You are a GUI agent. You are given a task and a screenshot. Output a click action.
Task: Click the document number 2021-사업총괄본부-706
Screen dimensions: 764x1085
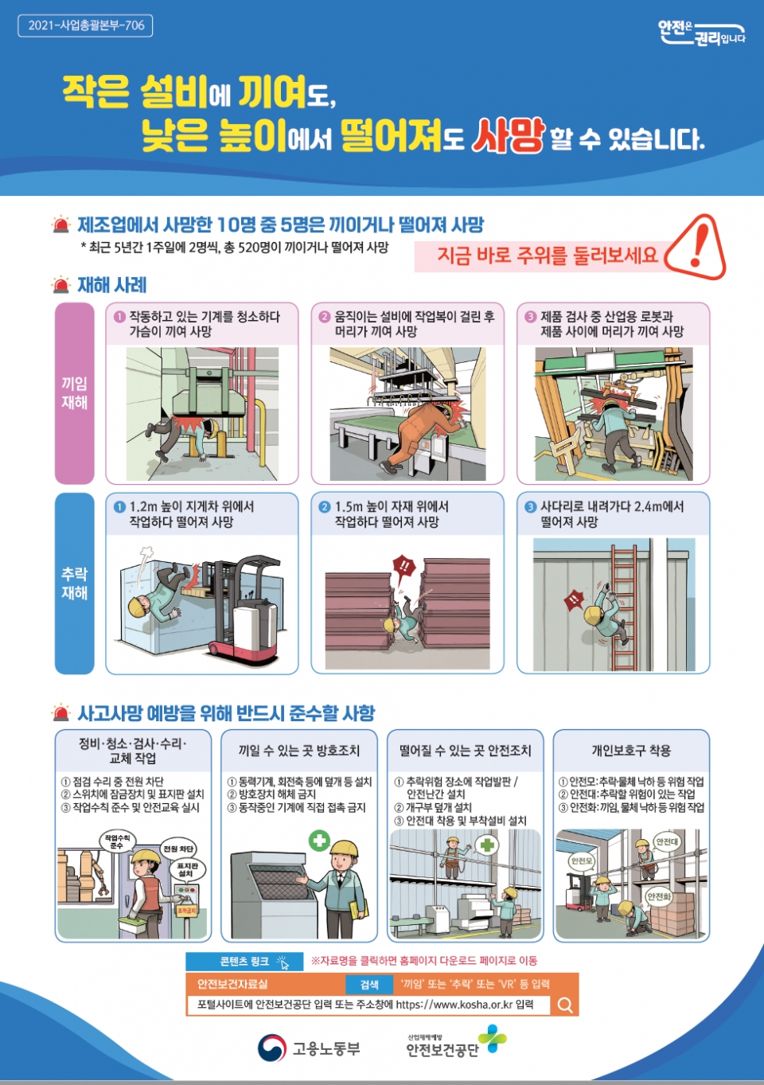[x=86, y=25]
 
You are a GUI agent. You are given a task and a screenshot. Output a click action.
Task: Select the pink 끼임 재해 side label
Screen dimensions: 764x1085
[x=74, y=392]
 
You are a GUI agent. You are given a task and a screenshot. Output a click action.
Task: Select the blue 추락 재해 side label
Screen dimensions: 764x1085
[x=74, y=583]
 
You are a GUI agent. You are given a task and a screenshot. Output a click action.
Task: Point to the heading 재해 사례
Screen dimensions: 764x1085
[x=112, y=285]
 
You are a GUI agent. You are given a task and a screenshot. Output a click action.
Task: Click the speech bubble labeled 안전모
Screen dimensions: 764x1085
[x=582, y=861]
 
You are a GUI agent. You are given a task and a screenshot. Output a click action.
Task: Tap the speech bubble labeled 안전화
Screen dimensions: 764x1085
[x=660, y=898]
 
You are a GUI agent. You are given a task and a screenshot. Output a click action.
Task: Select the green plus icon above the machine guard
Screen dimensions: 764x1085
[x=320, y=841]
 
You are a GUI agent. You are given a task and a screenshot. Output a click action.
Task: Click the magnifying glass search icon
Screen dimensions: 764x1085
[x=564, y=1005]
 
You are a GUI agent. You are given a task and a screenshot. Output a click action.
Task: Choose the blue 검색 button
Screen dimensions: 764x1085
[x=369, y=984]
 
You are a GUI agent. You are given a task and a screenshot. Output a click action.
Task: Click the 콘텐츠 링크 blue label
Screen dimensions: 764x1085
[x=244, y=962]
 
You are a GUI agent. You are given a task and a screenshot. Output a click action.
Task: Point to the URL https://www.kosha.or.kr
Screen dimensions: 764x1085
[x=454, y=1005]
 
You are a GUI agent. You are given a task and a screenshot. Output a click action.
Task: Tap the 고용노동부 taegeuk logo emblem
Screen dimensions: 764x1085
[x=272, y=1048]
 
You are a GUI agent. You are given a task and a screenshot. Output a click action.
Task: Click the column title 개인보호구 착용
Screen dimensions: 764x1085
[x=631, y=751]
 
